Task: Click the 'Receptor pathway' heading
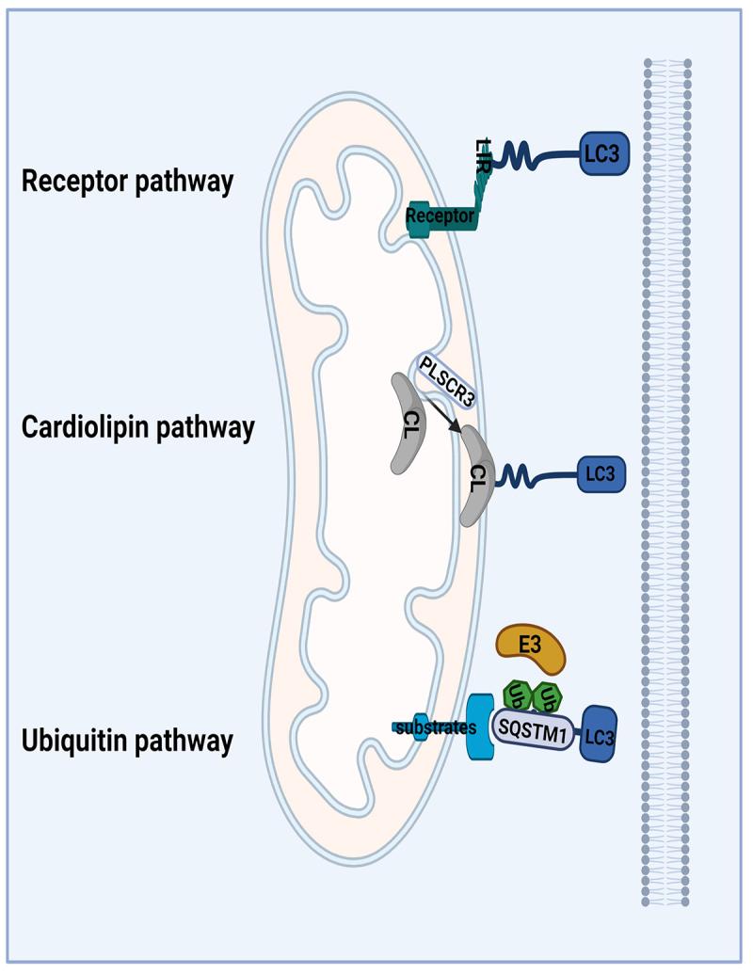click(126, 181)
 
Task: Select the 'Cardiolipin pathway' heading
click(137, 427)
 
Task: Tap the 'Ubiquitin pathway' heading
click(126, 741)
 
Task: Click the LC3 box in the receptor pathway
click(601, 153)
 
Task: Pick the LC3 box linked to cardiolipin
click(600, 474)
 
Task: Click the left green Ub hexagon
click(517, 696)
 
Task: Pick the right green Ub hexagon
click(548, 696)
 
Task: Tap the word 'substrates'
click(436, 727)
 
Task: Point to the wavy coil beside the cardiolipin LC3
click(516, 474)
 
